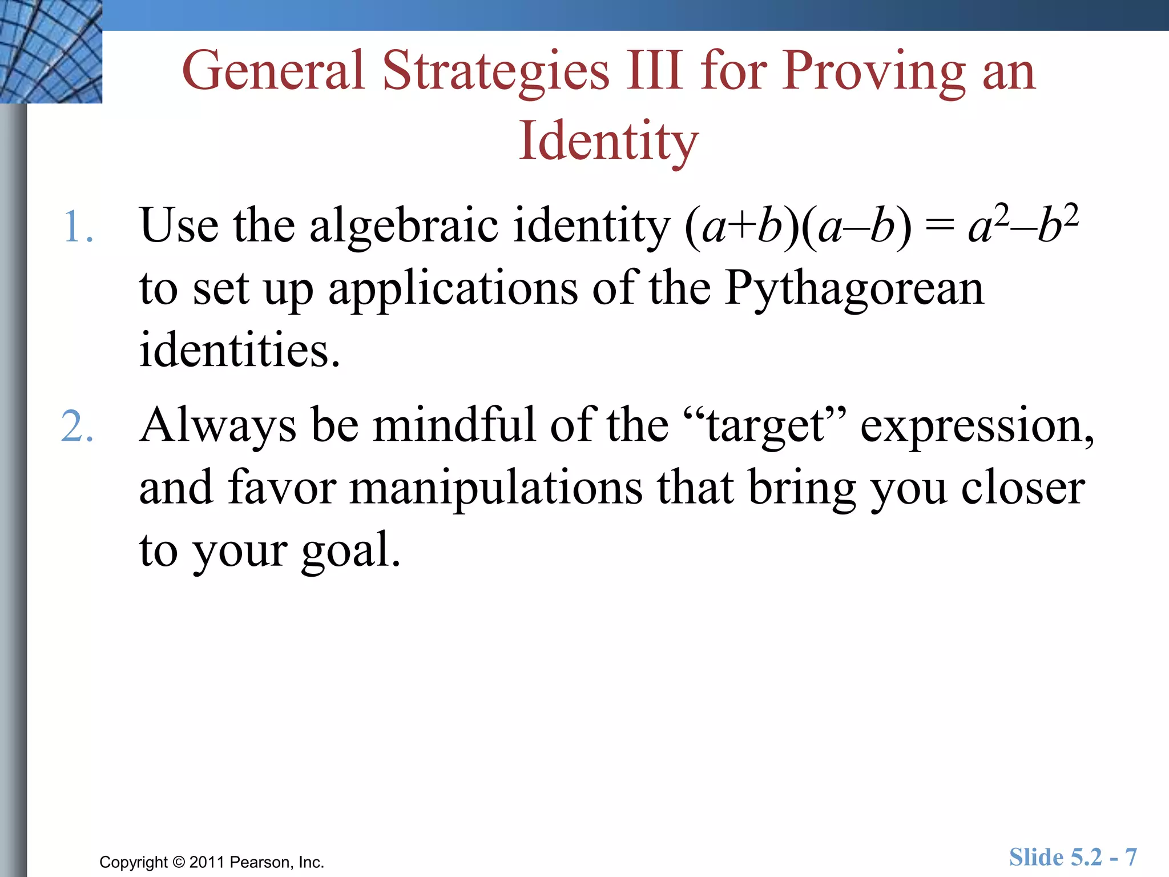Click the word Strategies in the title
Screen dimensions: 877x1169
point(495,71)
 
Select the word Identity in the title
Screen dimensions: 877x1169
point(608,141)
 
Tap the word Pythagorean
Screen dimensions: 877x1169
point(854,289)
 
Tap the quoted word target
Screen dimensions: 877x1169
point(765,426)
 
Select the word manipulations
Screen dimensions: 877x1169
point(495,488)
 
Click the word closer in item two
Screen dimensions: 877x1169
point(1022,488)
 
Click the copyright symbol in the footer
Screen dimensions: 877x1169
point(179,862)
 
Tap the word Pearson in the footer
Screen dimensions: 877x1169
point(262,862)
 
